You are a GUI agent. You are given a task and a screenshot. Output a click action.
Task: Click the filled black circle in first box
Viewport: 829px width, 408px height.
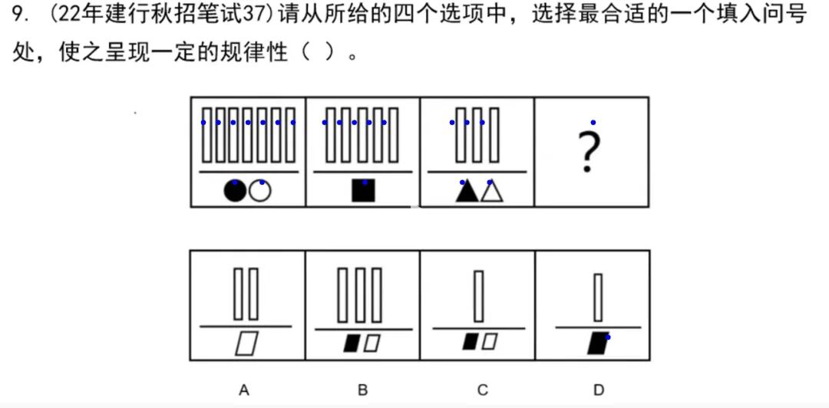point(235,191)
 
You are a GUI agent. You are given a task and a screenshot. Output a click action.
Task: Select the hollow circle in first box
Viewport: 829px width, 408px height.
point(261,191)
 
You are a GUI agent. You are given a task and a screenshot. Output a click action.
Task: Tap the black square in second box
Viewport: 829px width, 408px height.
point(363,190)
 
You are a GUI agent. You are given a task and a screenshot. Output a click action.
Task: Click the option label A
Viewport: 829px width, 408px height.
point(244,390)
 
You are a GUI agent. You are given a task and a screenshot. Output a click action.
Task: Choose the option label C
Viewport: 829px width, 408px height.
point(482,390)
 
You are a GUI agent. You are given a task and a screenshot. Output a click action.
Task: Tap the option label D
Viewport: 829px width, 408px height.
point(599,390)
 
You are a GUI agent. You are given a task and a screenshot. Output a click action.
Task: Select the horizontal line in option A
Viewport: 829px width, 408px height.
point(246,327)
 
